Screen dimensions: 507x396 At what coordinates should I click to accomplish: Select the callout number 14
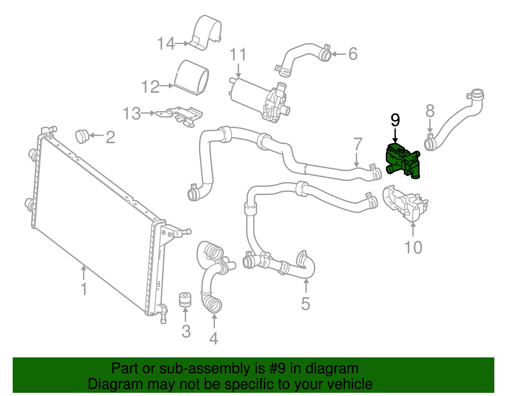click(166, 43)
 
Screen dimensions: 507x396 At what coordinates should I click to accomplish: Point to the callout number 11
click(238, 55)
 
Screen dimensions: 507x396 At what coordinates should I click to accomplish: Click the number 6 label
click(353, 54)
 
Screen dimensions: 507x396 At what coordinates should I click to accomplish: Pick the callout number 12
click(151, 87)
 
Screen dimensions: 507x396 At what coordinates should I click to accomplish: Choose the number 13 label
click(132, 114)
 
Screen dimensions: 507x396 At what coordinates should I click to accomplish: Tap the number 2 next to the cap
click(110, 137)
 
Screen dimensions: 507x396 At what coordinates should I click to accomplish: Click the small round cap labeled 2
click(82, 137)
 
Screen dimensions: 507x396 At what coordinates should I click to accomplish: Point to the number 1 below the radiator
click(84, 289)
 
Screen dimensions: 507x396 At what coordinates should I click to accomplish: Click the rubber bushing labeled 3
click(185, 299)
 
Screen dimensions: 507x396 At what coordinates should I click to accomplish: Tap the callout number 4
click(214, 338)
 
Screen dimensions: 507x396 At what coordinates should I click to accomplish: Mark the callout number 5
click(306, 304)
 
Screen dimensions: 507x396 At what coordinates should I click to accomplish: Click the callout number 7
click(358, 144)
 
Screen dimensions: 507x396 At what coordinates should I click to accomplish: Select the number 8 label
click(430, 111)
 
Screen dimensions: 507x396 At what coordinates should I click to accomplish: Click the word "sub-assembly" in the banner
click(212, 369)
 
